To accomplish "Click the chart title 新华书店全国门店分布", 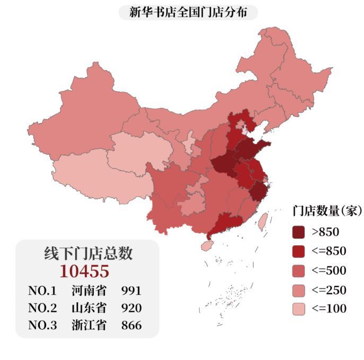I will pyautogui.click(x=188, y=12).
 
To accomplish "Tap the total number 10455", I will pyautogui.click(x=84, y=271).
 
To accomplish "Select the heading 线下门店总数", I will pyautogui.click(x=88, y=254).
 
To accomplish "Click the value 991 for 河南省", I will pyautogui.click(x=131, y=291).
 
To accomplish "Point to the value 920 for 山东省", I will pyautogui.click(x=131, y=308).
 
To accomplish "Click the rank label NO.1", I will pyautogui.click(x=42, y=291).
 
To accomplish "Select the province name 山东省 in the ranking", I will pyautogui.click(x=88, y=308).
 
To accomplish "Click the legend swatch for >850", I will pyautogui.click(x=299, y=231).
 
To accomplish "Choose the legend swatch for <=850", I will pyautogui.click(x=299, y=251).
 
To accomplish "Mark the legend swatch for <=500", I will pyautogui.click(x=299, y=271).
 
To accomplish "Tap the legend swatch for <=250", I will pyautogui.click(x=299, y=290).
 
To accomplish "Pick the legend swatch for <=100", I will pyautogui.click(x=299, y=309).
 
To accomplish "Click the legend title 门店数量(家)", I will pyautogui.click(x=327, y=211).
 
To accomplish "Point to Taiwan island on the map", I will pyautogui.click(x=262, y=221).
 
